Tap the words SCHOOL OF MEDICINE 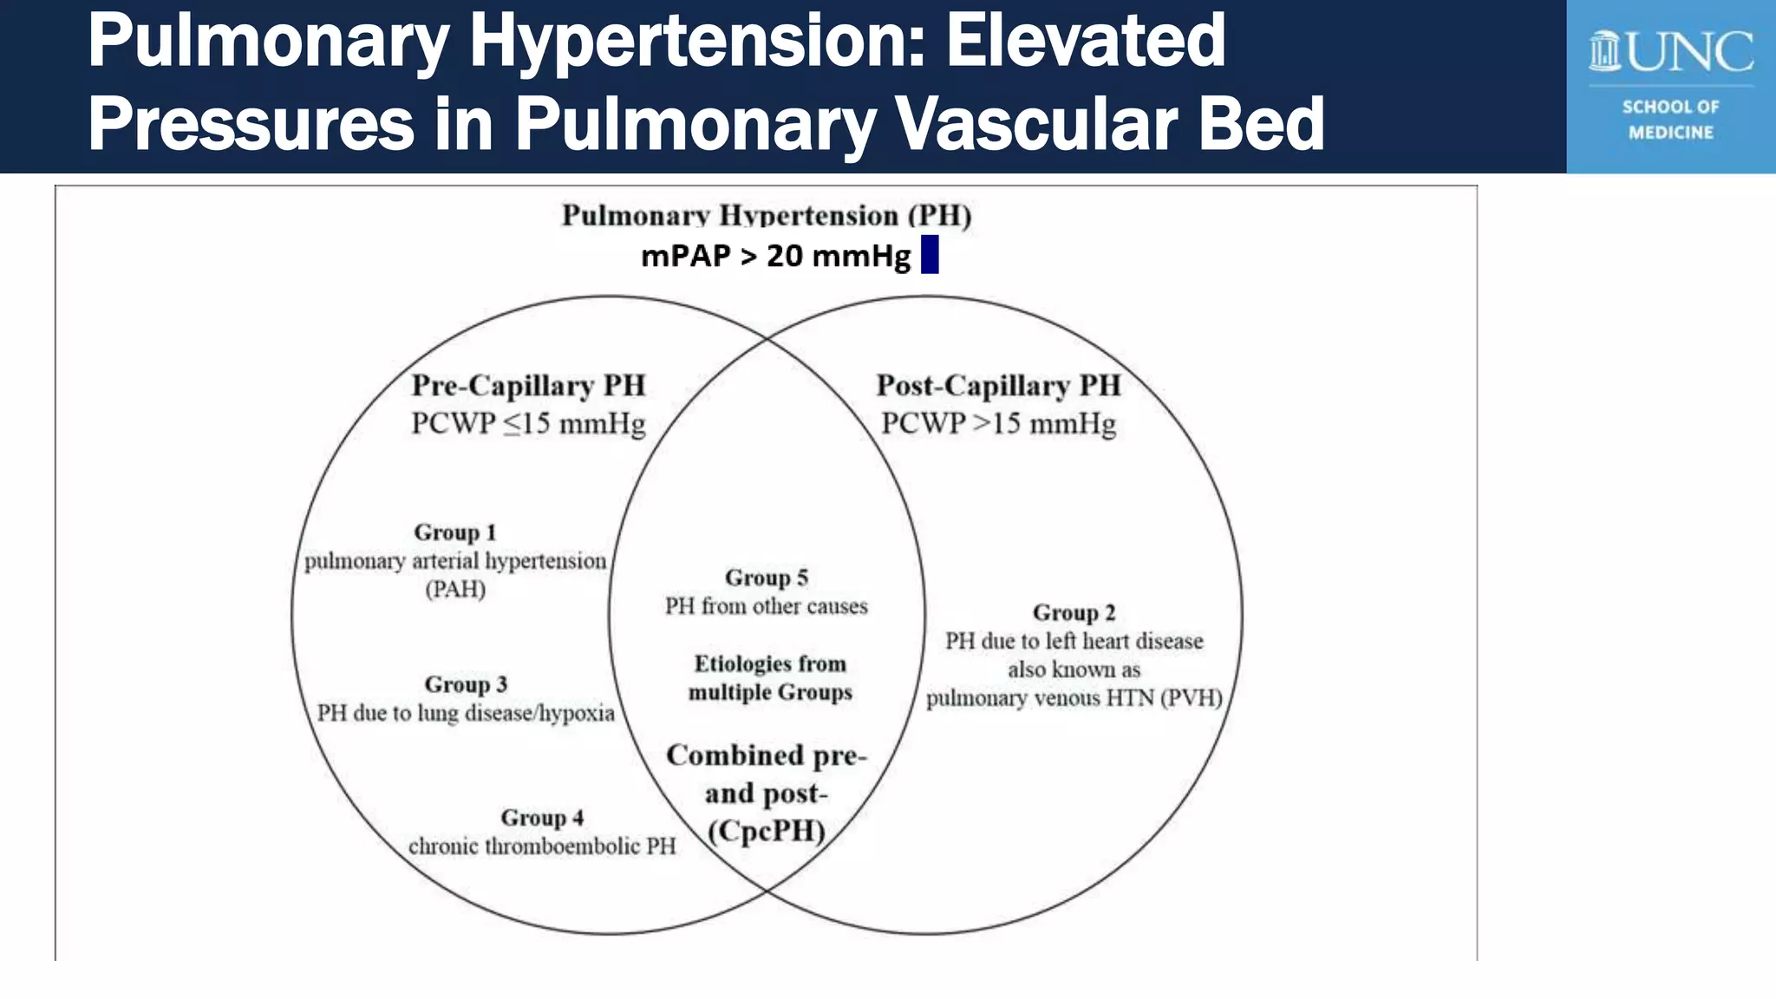point(1670,120)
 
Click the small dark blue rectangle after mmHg point(930,255)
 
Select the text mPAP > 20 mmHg point(775,256)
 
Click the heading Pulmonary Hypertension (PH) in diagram point(767,215)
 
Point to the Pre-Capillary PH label point(528,385)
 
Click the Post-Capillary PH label point(998,385)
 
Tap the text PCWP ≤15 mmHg point(528,423)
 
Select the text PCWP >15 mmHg point(998,423)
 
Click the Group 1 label point(454,532)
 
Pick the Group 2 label point(1074,612)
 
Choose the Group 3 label point(466,684)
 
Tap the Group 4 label point(542,818)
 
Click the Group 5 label point(767,578)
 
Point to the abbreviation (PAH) point(454,590)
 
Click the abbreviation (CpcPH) point(767,831)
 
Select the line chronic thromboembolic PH point(542,846)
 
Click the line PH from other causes point(767,606)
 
